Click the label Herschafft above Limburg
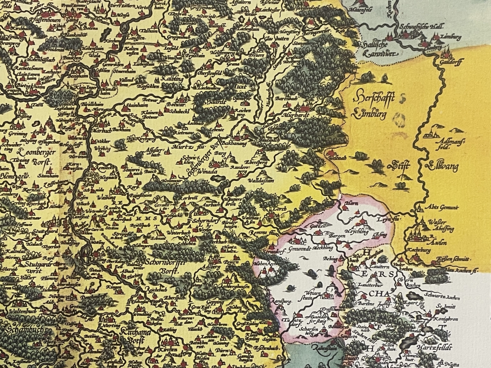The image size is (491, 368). point(372,97)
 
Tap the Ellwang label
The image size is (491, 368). point(441,167)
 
